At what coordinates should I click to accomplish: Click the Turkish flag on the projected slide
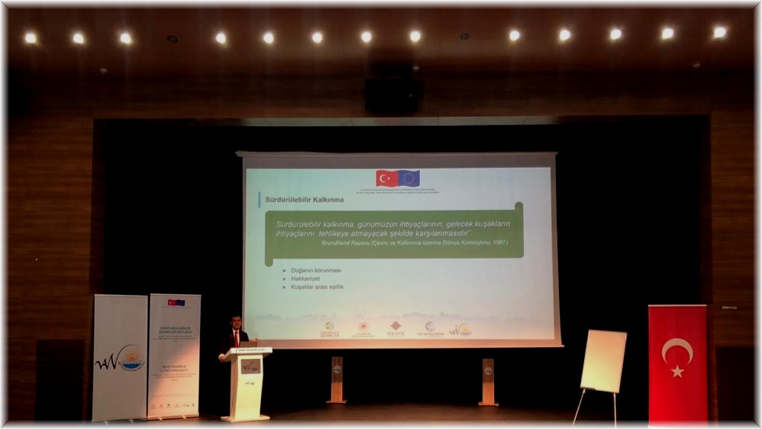click(x=386, y=178)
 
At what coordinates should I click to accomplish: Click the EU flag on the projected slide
click(x=409, y=178)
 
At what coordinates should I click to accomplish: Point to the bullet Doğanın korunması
click(x=316, y=270)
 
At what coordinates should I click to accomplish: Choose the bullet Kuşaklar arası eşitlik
click(x=317, y=287)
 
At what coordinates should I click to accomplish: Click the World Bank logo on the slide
click(x=430, y=329)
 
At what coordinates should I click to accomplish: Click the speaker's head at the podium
click(x=236, y=322)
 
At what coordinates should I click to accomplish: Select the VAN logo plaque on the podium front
click(x=250, y=366)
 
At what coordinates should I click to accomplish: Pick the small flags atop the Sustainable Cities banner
click(x=176, y=303)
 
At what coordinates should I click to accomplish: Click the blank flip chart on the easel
click(x=603, y=361)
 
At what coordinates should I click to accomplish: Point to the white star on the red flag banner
click(x=678, y=371)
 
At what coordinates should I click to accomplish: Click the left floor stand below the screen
click(x=337, y=379)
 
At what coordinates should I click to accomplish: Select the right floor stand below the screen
click(x=488, y=381)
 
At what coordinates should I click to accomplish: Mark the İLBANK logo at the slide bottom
click(x=396, y=329)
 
